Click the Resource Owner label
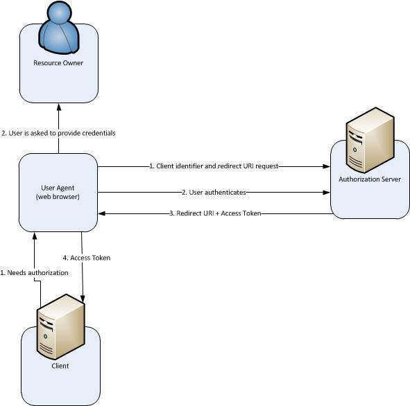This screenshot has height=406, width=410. coord(58,63)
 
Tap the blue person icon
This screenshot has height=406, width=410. coord(59,28)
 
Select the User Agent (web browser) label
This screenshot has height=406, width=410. coord(58,192)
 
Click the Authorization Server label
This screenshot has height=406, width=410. coord(370,179)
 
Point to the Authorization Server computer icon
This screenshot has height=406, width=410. coord(370,140)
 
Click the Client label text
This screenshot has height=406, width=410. coord(60,366)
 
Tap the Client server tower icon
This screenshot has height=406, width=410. coord(60,326)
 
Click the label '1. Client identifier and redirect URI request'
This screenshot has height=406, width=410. coord(214,166)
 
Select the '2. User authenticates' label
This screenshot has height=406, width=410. coord(214,193)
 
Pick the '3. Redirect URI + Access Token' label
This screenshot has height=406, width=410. coord(215,213)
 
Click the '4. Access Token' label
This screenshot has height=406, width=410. coord(87,258)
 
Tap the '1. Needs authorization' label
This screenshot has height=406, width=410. coord(34,273)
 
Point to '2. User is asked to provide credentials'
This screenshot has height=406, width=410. coord(58,133)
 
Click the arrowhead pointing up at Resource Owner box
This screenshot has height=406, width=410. coord(59,107)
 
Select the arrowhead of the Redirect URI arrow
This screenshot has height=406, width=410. coord(101,213)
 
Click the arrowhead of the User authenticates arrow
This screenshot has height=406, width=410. coord(327,193)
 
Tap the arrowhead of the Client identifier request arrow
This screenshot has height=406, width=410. coord(327,166)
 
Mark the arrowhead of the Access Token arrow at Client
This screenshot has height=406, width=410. coord(83,299)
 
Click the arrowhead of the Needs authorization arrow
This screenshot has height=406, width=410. coord(34,236)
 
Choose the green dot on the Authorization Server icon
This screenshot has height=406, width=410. coord(355,150)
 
